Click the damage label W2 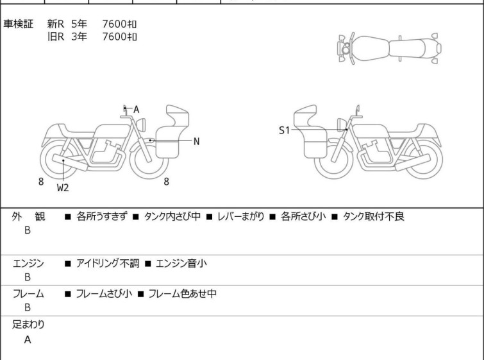(63, 187)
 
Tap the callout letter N (196, 142)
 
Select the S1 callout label (284, 130)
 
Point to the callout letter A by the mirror (136, 109)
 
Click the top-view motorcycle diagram (389, 49)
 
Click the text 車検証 (18, 24)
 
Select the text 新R (56, 24)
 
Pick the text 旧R (56, 37)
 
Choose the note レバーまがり (241, 216)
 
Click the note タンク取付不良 (374, 216)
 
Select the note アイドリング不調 (108, 263)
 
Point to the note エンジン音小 (181, 263)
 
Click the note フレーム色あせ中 (183, 293)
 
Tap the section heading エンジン (28, 263)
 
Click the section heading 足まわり (28, 325)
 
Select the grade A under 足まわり (28, 339)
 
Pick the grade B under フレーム (28, 307)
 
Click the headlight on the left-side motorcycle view (141, 124)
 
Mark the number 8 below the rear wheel (41, 182)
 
